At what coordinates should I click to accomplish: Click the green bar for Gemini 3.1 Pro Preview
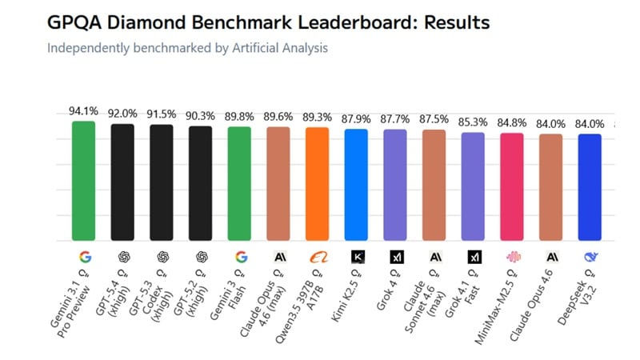pos(83,181)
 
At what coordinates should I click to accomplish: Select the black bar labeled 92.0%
pos(122,182)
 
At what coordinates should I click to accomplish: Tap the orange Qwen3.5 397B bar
pos(317,184)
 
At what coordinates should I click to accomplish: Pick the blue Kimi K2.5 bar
pos(356,185)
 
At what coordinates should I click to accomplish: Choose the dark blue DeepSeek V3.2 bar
pos(590,187)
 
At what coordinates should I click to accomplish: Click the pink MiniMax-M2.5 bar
pos(512,186)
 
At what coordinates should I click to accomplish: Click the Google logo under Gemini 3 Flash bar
pos(239,258)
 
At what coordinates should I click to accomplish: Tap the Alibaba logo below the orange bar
pos(317,258)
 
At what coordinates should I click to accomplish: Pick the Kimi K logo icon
pos(356,258)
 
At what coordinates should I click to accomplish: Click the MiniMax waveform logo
pos(512,258)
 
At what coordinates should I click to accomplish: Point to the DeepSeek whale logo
pos(590,258)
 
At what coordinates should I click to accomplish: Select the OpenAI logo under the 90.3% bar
pos(200,258)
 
